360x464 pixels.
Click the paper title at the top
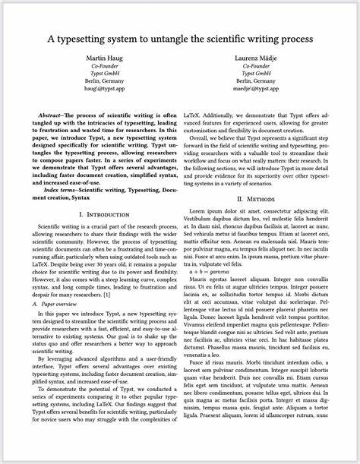(x=180, y=38)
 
